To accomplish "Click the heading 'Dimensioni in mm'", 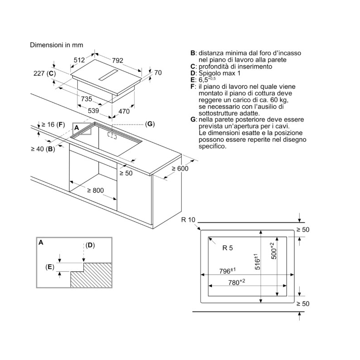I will click(56, 45).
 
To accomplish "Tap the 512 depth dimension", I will click(80, 60).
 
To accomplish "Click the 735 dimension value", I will click(86, 99).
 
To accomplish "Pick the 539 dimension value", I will click(93, 111).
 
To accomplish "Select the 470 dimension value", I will click(124, 111).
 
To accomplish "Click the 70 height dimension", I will click(157, 72).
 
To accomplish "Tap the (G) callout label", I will click(150, 124).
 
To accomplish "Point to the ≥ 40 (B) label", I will click(43, 148).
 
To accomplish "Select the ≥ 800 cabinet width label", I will click(95, 190).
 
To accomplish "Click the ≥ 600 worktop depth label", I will click(180, 168).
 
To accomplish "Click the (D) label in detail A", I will click(90, 245).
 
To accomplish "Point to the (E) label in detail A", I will click(50, 267).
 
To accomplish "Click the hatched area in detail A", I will click(92, 275).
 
